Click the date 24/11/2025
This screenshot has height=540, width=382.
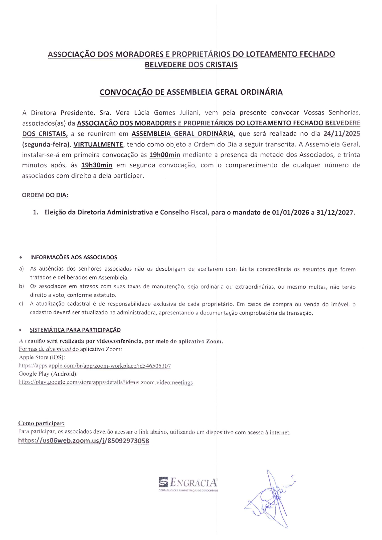pyautogui.click(x=342, y=134)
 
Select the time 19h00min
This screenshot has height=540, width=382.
pyautogui.click(x=165, y=155)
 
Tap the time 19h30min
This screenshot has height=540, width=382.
pyautogui.click(x=97, y=165)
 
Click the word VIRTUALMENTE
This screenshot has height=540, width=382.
pyautogui.click(x=98, y=144)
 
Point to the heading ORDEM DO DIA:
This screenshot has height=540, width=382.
pyautogui.click(x=45, y=195)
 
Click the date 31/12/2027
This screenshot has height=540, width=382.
pyautogui.click(x=335, y=212)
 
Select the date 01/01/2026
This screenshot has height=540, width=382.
pyautogui.click(x=291, y=212)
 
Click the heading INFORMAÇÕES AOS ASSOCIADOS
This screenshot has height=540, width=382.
pyautogui.click(x=74, y=257)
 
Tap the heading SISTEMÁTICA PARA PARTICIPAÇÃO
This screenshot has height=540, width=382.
pyautogui.click(x=75, y=330)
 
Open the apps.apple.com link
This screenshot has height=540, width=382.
pyautogui.click(x=95, y=366)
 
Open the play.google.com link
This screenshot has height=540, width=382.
pyautogui.click(x=106, y=382)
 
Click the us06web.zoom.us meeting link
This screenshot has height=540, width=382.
pyautogui.click(x=83, y=441)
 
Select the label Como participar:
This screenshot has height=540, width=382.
pyautogui.click(x=41, y=423)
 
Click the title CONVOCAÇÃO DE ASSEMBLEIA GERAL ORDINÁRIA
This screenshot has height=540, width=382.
pyautogui.click(x=191, y=92)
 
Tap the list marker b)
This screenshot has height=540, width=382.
pyautogui.click(x=22, y=286)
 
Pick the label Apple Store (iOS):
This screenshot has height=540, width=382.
pyautogui.click(x=42, y=357)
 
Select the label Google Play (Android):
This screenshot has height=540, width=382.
pyautogui.click(x=48, y=374)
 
